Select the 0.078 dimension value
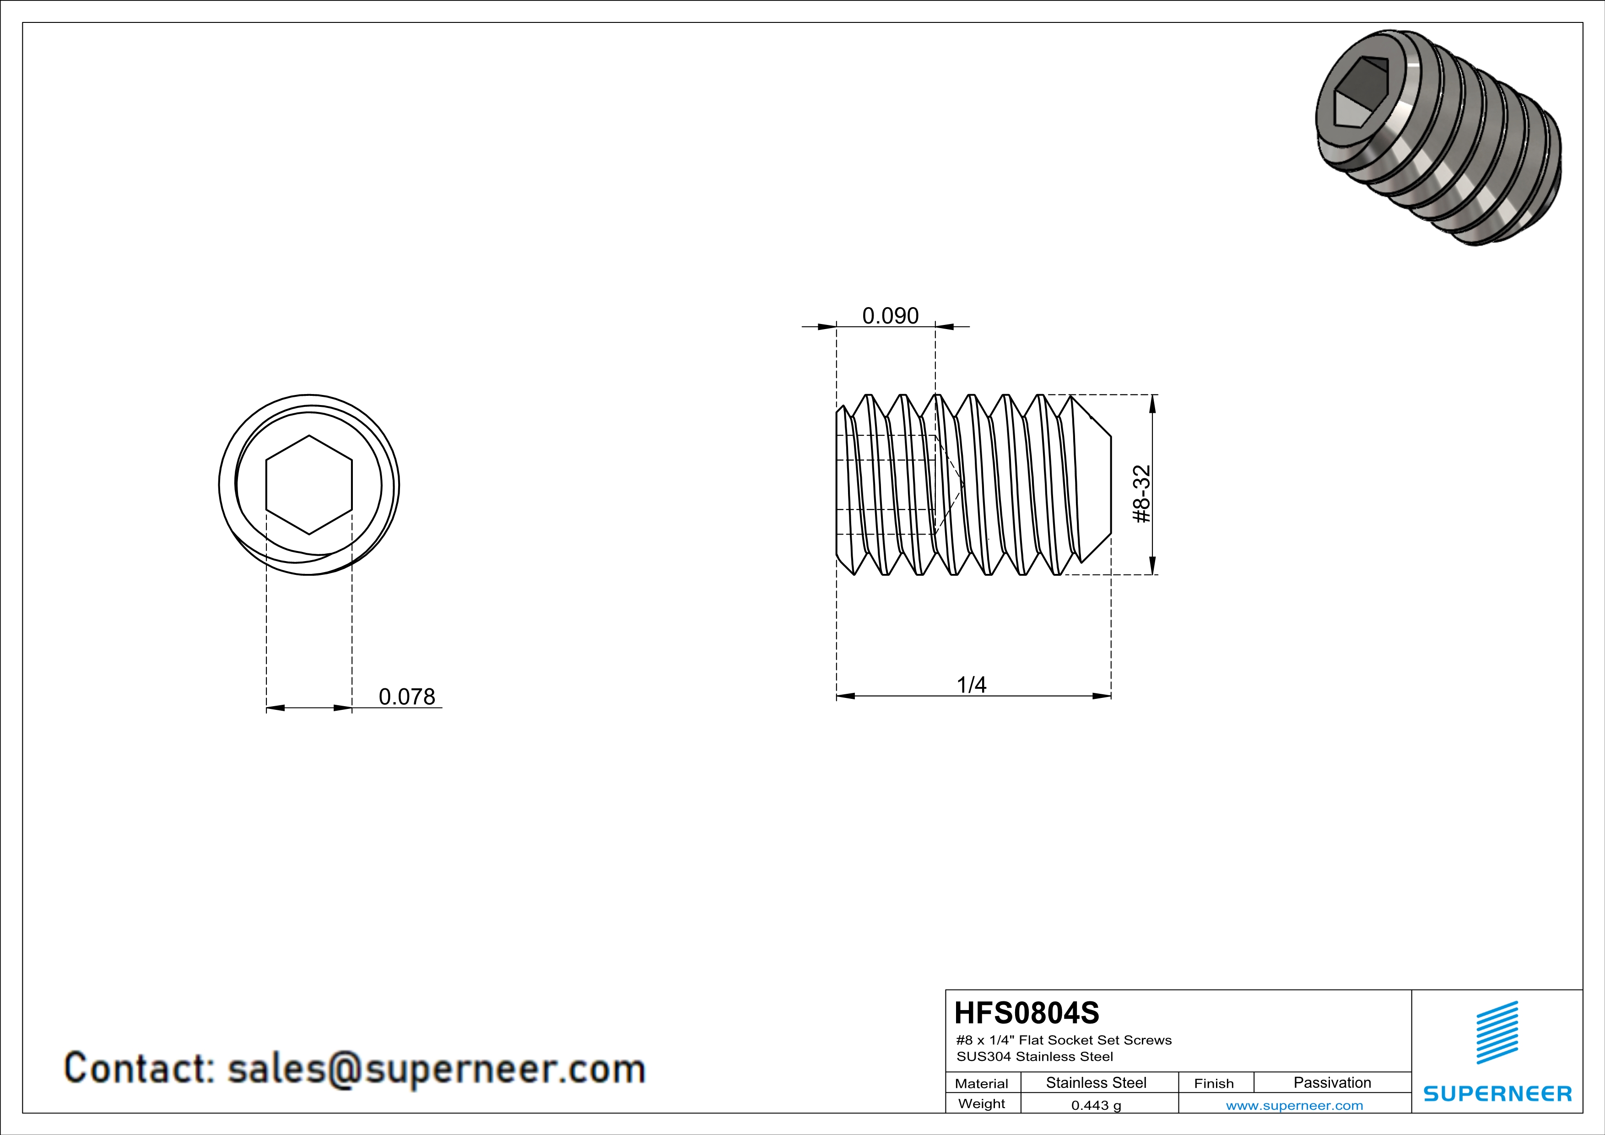tap(407, 697)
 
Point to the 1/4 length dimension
tap(972, 685)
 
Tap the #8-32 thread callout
tap(1141, 494)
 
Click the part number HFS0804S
tap(1026, 1013)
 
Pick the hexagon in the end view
tap(309, 485)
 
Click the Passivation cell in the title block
tap(1332, 1082)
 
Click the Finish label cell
tap(1214, 1083)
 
